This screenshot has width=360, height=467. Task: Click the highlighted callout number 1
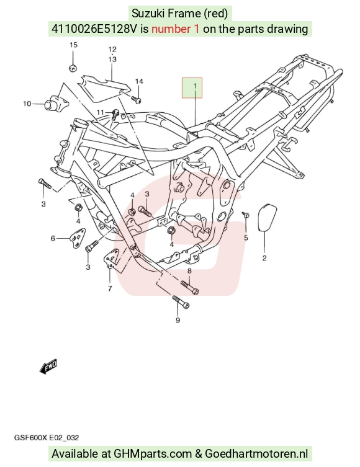(195, 86)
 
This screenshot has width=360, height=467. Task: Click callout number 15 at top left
(73, 45)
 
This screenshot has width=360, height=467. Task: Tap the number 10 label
(27, 104)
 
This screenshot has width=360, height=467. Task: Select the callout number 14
(139, 81)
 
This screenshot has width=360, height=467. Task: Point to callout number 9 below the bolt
(178, 320)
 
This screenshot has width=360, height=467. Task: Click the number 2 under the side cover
(264, 258)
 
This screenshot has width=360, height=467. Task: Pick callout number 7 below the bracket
(110, 288)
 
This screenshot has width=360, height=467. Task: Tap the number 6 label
(53, 238)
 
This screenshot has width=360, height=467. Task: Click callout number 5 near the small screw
(246, 238)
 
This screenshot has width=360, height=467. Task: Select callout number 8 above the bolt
(189, 271)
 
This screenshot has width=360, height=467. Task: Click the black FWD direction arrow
(48, 367)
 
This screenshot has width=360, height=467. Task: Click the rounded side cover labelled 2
(266, 218)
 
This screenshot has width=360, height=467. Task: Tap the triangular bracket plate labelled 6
(77, 238)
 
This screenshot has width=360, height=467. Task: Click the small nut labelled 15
(73, 68)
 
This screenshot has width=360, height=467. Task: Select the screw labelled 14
(136, 99)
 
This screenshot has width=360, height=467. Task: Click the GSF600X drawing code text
(30, 437)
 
